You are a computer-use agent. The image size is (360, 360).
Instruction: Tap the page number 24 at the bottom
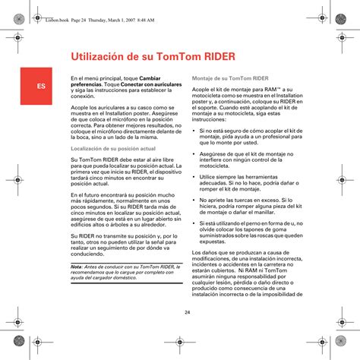[x=187, y=313]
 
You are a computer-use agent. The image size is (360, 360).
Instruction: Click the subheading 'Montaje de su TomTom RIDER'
[x=231, y=78]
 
